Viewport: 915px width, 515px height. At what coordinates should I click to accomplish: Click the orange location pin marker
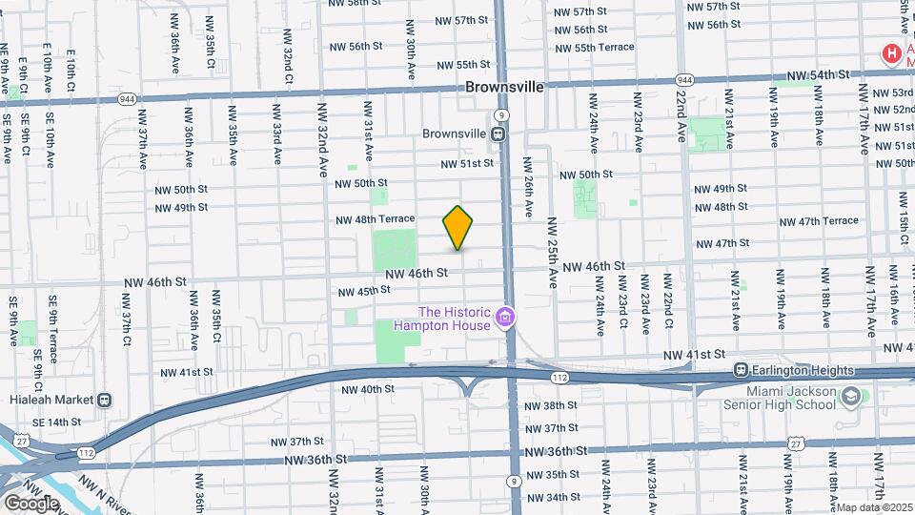click(457, 227)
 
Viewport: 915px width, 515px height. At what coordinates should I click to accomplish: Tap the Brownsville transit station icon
click(498, 134)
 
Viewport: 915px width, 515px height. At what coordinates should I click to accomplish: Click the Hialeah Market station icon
click(104, 401)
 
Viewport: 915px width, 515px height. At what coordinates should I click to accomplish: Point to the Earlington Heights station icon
click(740, 370)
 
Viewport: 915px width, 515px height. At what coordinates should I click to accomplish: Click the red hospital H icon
click(892, 54)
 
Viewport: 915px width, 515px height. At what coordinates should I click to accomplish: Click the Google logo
click(30, 503)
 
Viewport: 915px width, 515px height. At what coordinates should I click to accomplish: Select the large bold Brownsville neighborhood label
click(505, 87)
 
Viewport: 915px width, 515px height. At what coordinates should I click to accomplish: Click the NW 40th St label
click(367, 389)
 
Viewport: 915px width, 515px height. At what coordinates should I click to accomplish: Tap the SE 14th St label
click(56, 422)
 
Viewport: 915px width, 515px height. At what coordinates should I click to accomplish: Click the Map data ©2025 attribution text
click(875, 507)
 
